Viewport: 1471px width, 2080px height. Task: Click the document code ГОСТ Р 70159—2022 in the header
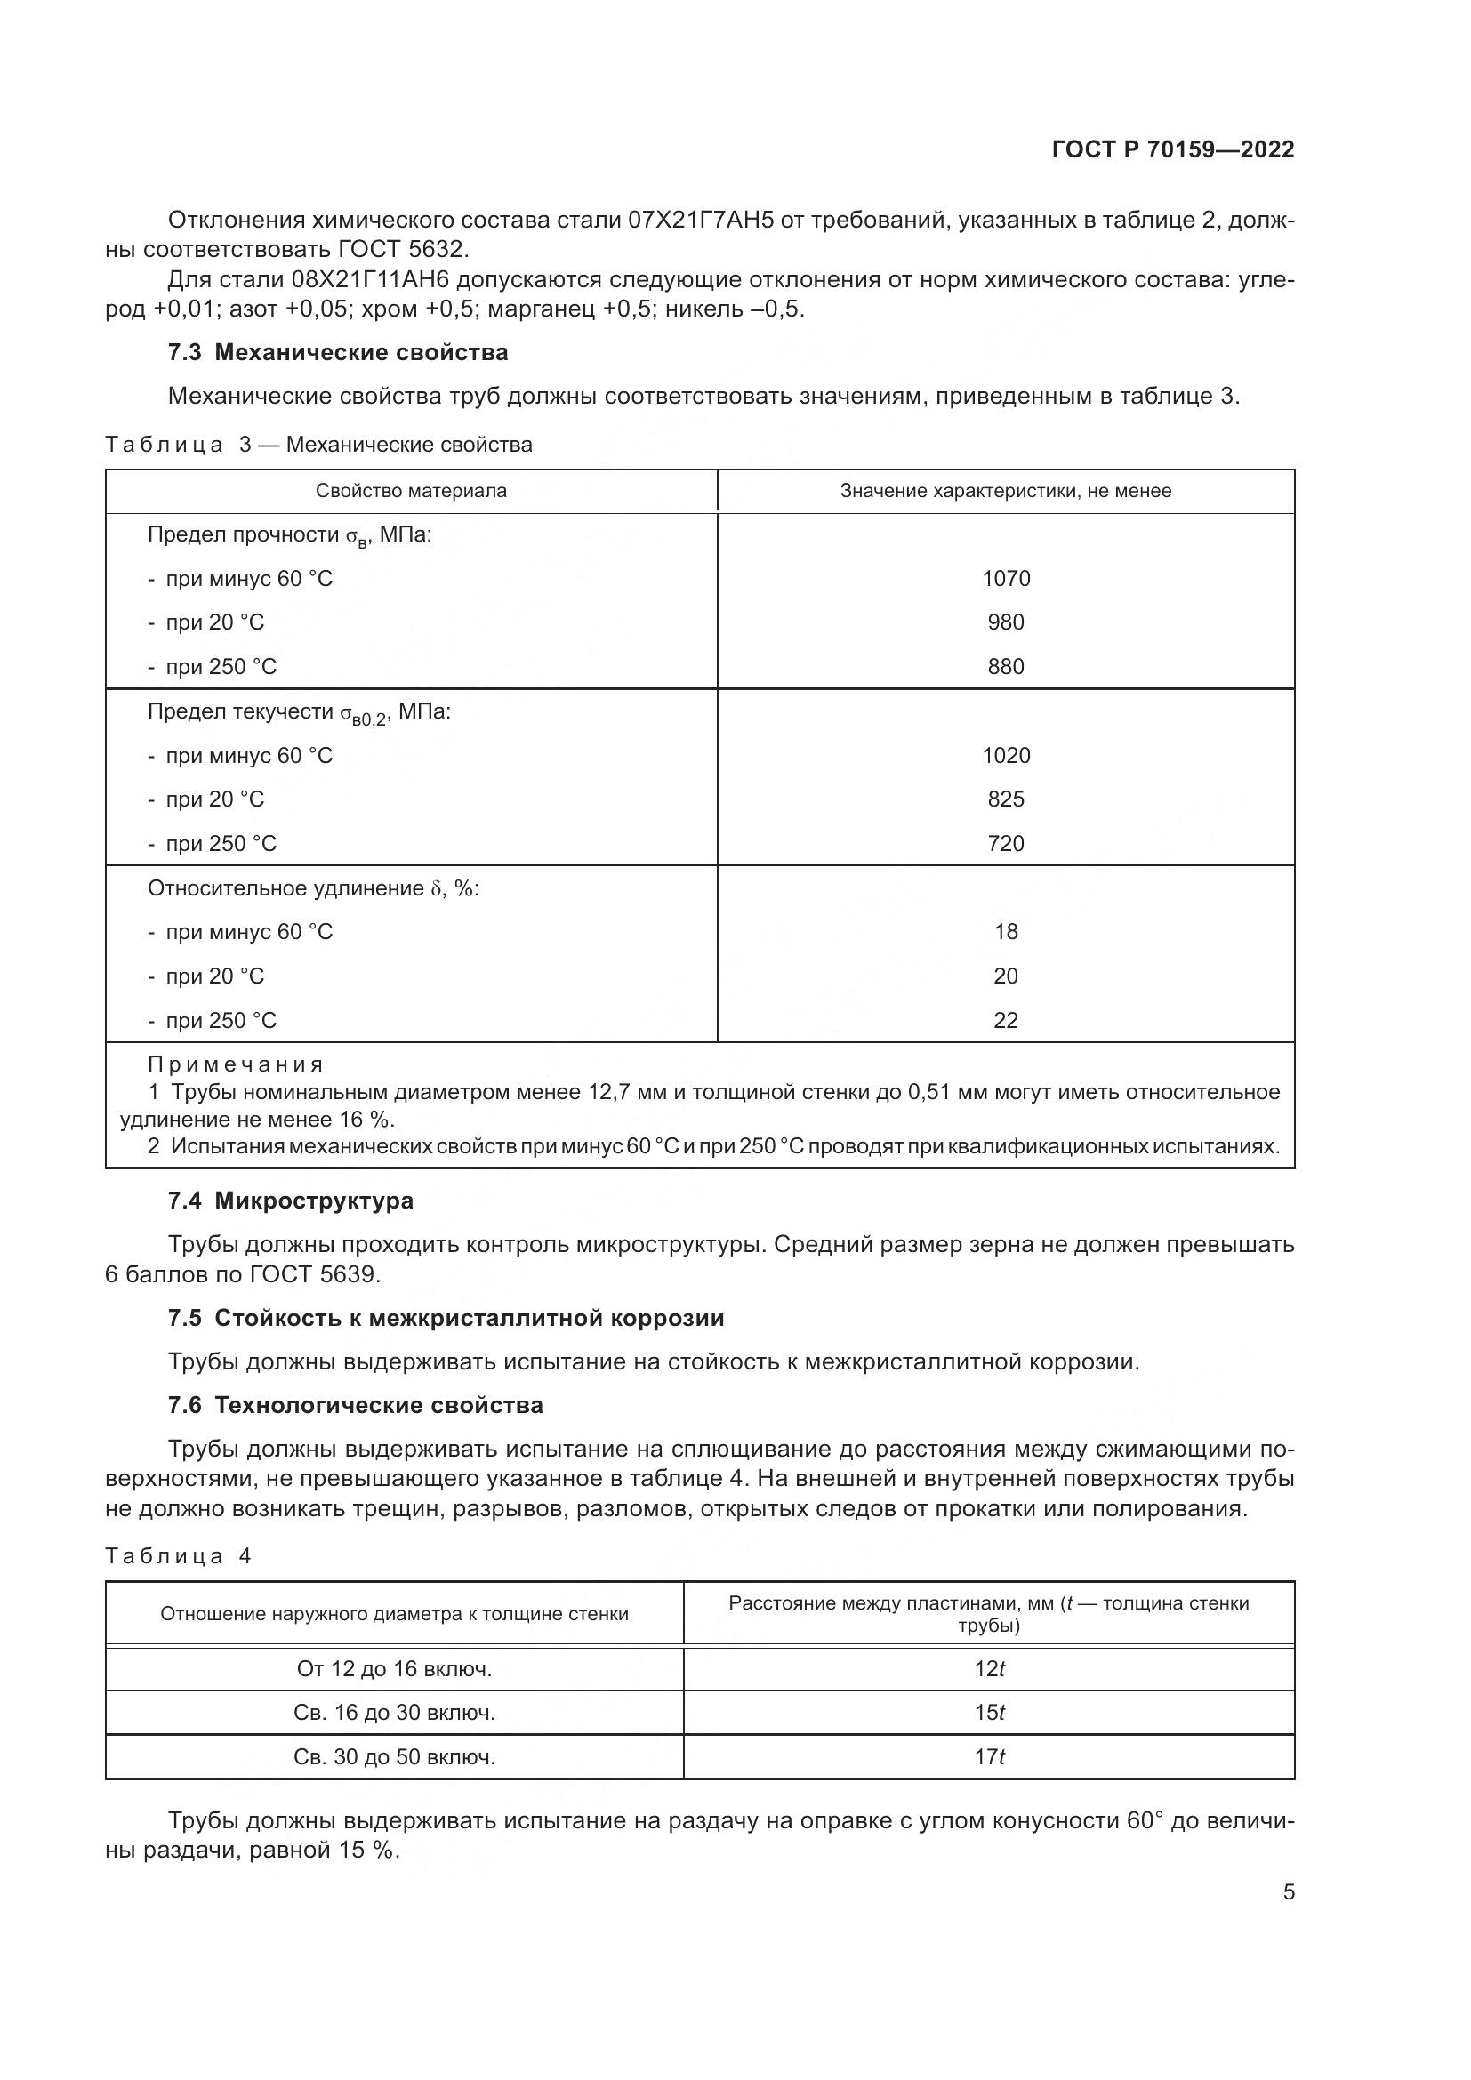[1173, 149]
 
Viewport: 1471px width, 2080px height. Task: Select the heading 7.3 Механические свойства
[338, 352]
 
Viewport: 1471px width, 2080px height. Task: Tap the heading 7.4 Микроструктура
[290, 1201]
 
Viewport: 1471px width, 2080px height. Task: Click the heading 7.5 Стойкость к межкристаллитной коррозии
[446, 1317]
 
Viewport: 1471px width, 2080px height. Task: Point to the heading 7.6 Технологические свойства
[355, 1405]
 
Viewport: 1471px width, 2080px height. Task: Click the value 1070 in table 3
[1006, 578]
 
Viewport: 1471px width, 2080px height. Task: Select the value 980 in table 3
[1006, 622]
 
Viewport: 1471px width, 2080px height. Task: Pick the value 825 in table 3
[1006, 799]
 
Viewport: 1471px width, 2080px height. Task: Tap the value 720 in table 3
[1006, 843]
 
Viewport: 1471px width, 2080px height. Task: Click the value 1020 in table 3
[1006, 756]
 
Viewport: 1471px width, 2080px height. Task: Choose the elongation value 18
[1006, 931]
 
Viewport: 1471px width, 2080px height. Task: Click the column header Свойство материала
[410, 491]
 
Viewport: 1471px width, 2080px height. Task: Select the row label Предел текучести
[240, 712]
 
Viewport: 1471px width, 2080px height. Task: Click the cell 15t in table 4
[989, 1712]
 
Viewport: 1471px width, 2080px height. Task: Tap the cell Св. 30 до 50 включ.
[394, 1756]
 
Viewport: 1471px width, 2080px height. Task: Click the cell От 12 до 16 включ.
[394, 1668]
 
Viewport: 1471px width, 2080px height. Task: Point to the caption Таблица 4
[178, 1555]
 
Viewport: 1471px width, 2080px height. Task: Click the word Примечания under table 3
[235, 1064]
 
